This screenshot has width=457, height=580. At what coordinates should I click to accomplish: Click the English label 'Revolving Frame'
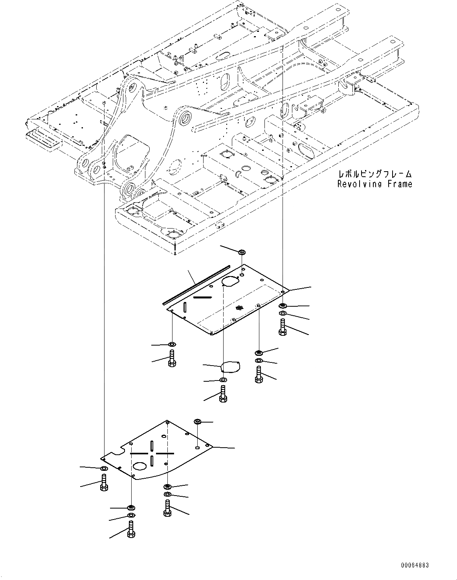click(374, 184)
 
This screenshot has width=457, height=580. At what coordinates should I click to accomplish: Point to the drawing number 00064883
click(415, 565)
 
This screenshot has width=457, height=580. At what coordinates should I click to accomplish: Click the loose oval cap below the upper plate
click(231, 367)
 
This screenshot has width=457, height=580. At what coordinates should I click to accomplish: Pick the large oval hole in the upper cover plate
click(230, 281)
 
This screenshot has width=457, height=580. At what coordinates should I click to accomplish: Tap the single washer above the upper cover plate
click(242, 251)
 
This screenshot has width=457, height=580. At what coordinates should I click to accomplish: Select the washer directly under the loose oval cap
click(223, 380)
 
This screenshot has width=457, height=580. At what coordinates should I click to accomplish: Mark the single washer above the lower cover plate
click(198, 422)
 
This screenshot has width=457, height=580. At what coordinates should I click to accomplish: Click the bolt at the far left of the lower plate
click(104, 482)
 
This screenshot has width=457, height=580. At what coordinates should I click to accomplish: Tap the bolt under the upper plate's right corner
click(283, 327)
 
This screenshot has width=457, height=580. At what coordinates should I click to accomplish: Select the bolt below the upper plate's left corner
click(172, 358)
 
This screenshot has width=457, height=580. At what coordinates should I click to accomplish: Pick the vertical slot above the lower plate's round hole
click(152, 445)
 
